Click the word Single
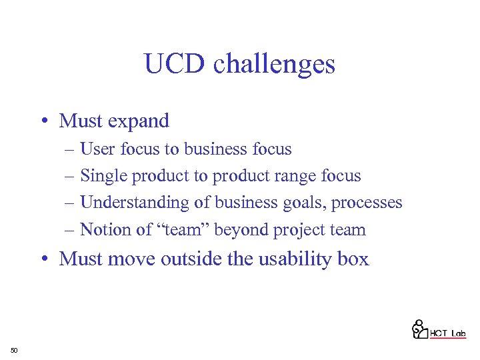click(104, 176)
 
